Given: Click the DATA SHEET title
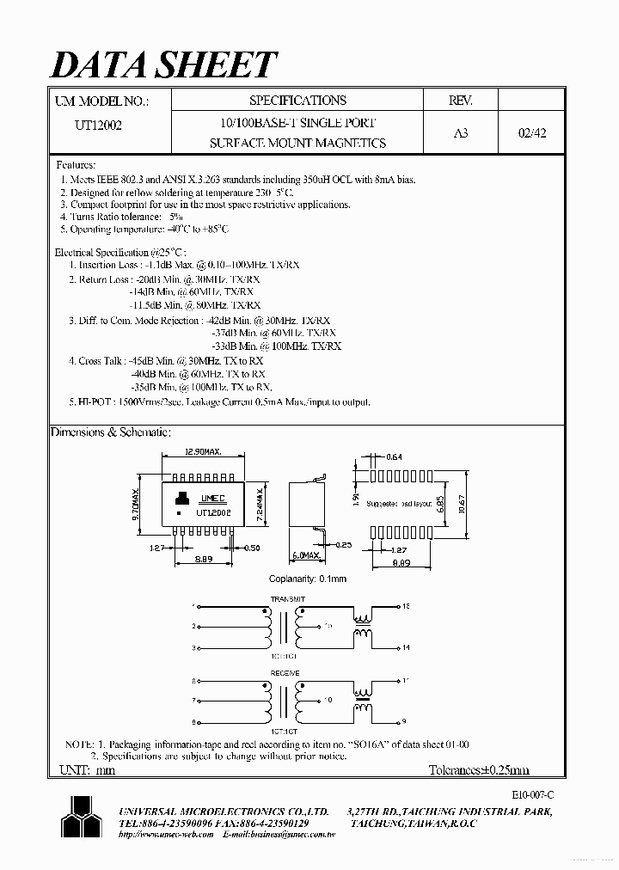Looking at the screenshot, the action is pyautogui.click(x=164, y=64).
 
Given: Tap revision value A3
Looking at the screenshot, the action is pyautogui.click(x=460, y=133).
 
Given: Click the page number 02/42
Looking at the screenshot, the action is pyautogui.click(x=531, y=133).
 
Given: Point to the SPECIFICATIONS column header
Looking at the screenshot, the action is pyautogui.click(x=297, y=101).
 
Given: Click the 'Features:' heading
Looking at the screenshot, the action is pyautogui.click(x=77, y=165).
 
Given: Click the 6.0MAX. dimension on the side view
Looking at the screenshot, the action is pyautogui.click(x=306, y=555).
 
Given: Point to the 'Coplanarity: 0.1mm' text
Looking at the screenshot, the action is pyautogui.click(x=308, y=579).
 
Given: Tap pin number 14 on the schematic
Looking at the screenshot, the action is pyautogui.click(x=405, y=647).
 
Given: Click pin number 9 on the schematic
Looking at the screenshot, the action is pyautogui.click(x=403, y=724).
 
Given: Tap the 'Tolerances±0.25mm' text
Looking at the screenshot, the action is pyautogui.click(x=479, y=770).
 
